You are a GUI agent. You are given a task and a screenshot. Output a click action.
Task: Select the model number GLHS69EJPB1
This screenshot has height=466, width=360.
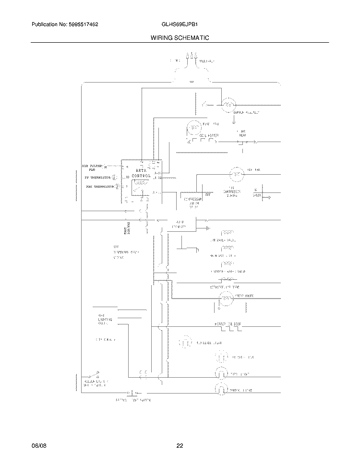coord(180,24)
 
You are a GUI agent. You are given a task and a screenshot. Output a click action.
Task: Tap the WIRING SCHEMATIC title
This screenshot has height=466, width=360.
coord(180,37)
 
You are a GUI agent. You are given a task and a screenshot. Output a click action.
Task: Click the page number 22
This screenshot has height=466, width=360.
coord(180,446)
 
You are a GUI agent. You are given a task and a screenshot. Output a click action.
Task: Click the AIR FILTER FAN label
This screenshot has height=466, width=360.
coord(92,167)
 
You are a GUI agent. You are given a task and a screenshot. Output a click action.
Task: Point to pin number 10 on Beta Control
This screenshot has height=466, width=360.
coord(127,178)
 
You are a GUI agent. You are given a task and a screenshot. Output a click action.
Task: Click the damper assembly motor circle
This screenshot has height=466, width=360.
coord(228,104)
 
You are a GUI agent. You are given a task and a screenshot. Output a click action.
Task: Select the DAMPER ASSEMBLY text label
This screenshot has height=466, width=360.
coord(246,113)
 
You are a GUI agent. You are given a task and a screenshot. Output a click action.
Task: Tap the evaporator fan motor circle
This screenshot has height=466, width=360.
coord(194,128)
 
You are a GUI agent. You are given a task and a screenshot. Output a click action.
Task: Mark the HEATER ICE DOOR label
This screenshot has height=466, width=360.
coord(228,324)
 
